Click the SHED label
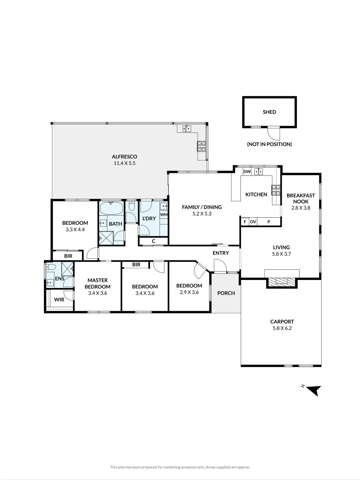tap(269, 112)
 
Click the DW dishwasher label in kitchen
tap(247, 172)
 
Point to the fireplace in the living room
tap(282, 281)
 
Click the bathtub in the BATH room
tap(112, 208)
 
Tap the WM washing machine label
tap(164, 215)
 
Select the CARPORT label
tap(282, 322)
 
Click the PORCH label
tap(226, 293)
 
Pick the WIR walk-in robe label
tap(59, 300)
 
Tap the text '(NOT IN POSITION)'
tap(269, 144)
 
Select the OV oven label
tap(253, 221)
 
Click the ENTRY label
tap(221, 253)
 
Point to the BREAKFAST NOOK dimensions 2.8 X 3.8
tap(300, 208)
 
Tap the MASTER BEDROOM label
tap(98, 283)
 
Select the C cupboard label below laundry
tap(153, 241)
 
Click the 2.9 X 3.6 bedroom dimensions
tap(189, 292)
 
